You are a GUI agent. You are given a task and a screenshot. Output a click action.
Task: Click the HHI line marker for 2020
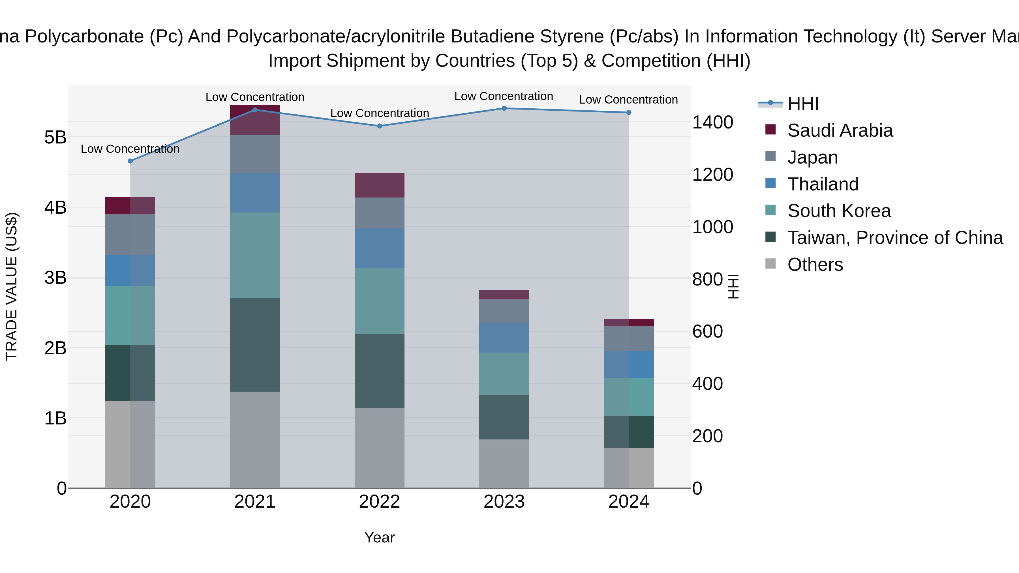tap(130, 161)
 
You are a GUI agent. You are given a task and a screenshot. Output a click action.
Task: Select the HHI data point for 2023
tap(504, 108)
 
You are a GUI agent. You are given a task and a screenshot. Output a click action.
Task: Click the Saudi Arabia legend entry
tap(840, 130)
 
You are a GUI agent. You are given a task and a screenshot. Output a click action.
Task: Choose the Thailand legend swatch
tap(770, 183)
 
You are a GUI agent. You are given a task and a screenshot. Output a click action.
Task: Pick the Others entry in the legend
tap(815, 265)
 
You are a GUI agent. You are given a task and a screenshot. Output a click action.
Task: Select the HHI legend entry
tap(803, 104)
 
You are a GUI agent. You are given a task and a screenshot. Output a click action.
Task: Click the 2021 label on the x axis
tap(255, 502)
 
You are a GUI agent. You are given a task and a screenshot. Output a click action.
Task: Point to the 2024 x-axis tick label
tap(629, 502)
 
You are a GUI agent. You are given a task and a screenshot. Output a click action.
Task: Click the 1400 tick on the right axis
tap(712, 122)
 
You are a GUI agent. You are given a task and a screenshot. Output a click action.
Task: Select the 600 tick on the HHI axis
tap(707, 331)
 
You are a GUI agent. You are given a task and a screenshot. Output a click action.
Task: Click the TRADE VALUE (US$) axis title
tap(12, 286)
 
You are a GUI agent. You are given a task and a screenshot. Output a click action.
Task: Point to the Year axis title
tap(379, 537)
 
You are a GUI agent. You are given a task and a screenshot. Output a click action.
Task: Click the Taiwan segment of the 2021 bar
tap(255, 345)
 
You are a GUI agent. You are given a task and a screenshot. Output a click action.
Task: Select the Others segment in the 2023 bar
tap(504, 463)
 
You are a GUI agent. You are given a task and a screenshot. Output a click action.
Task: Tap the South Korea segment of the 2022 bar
tap(379, 301)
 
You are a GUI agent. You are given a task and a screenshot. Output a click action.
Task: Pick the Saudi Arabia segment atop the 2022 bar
tap(379, 185)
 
